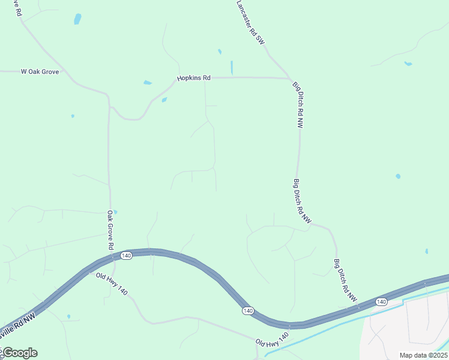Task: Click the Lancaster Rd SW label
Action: tap(250, 22)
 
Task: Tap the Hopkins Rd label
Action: tap(194, 78)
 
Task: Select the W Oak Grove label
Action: tap(40, 71)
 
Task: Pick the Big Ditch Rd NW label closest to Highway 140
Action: tap(345, 280)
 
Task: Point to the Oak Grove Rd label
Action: tap(110, 230)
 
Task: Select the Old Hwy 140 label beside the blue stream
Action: tap(272, 338)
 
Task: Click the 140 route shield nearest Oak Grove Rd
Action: tap(126, 256)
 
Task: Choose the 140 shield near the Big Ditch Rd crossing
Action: tap(382, 301)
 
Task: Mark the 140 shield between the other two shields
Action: tap(247, 310)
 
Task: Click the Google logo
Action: tap(19, 353)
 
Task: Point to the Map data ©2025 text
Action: tap(423, 355)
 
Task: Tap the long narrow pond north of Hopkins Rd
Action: tap(232, 67)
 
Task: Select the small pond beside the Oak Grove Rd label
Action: tap(115, 212)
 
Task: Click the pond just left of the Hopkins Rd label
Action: tap(148, 83)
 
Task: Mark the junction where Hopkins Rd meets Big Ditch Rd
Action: tap(292, 79)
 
